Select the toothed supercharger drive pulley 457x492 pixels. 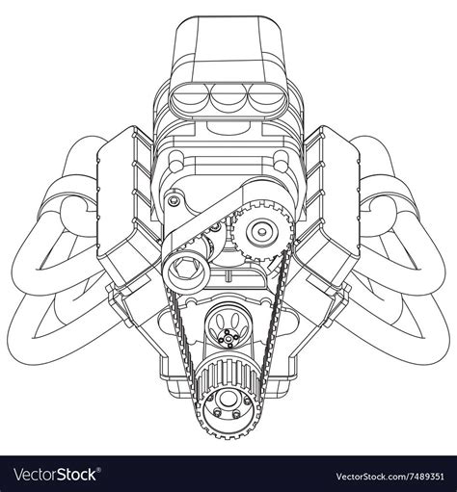pos(261,232)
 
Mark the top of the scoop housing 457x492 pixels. pos(228,39)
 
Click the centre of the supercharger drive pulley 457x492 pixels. pos(261,232)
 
